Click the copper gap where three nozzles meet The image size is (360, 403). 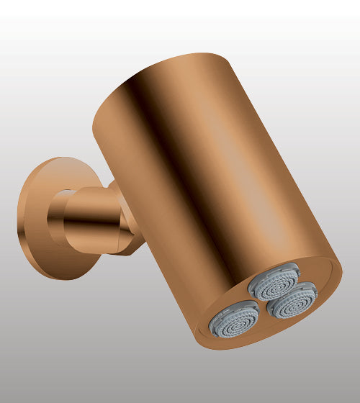[x=267, y=303]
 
